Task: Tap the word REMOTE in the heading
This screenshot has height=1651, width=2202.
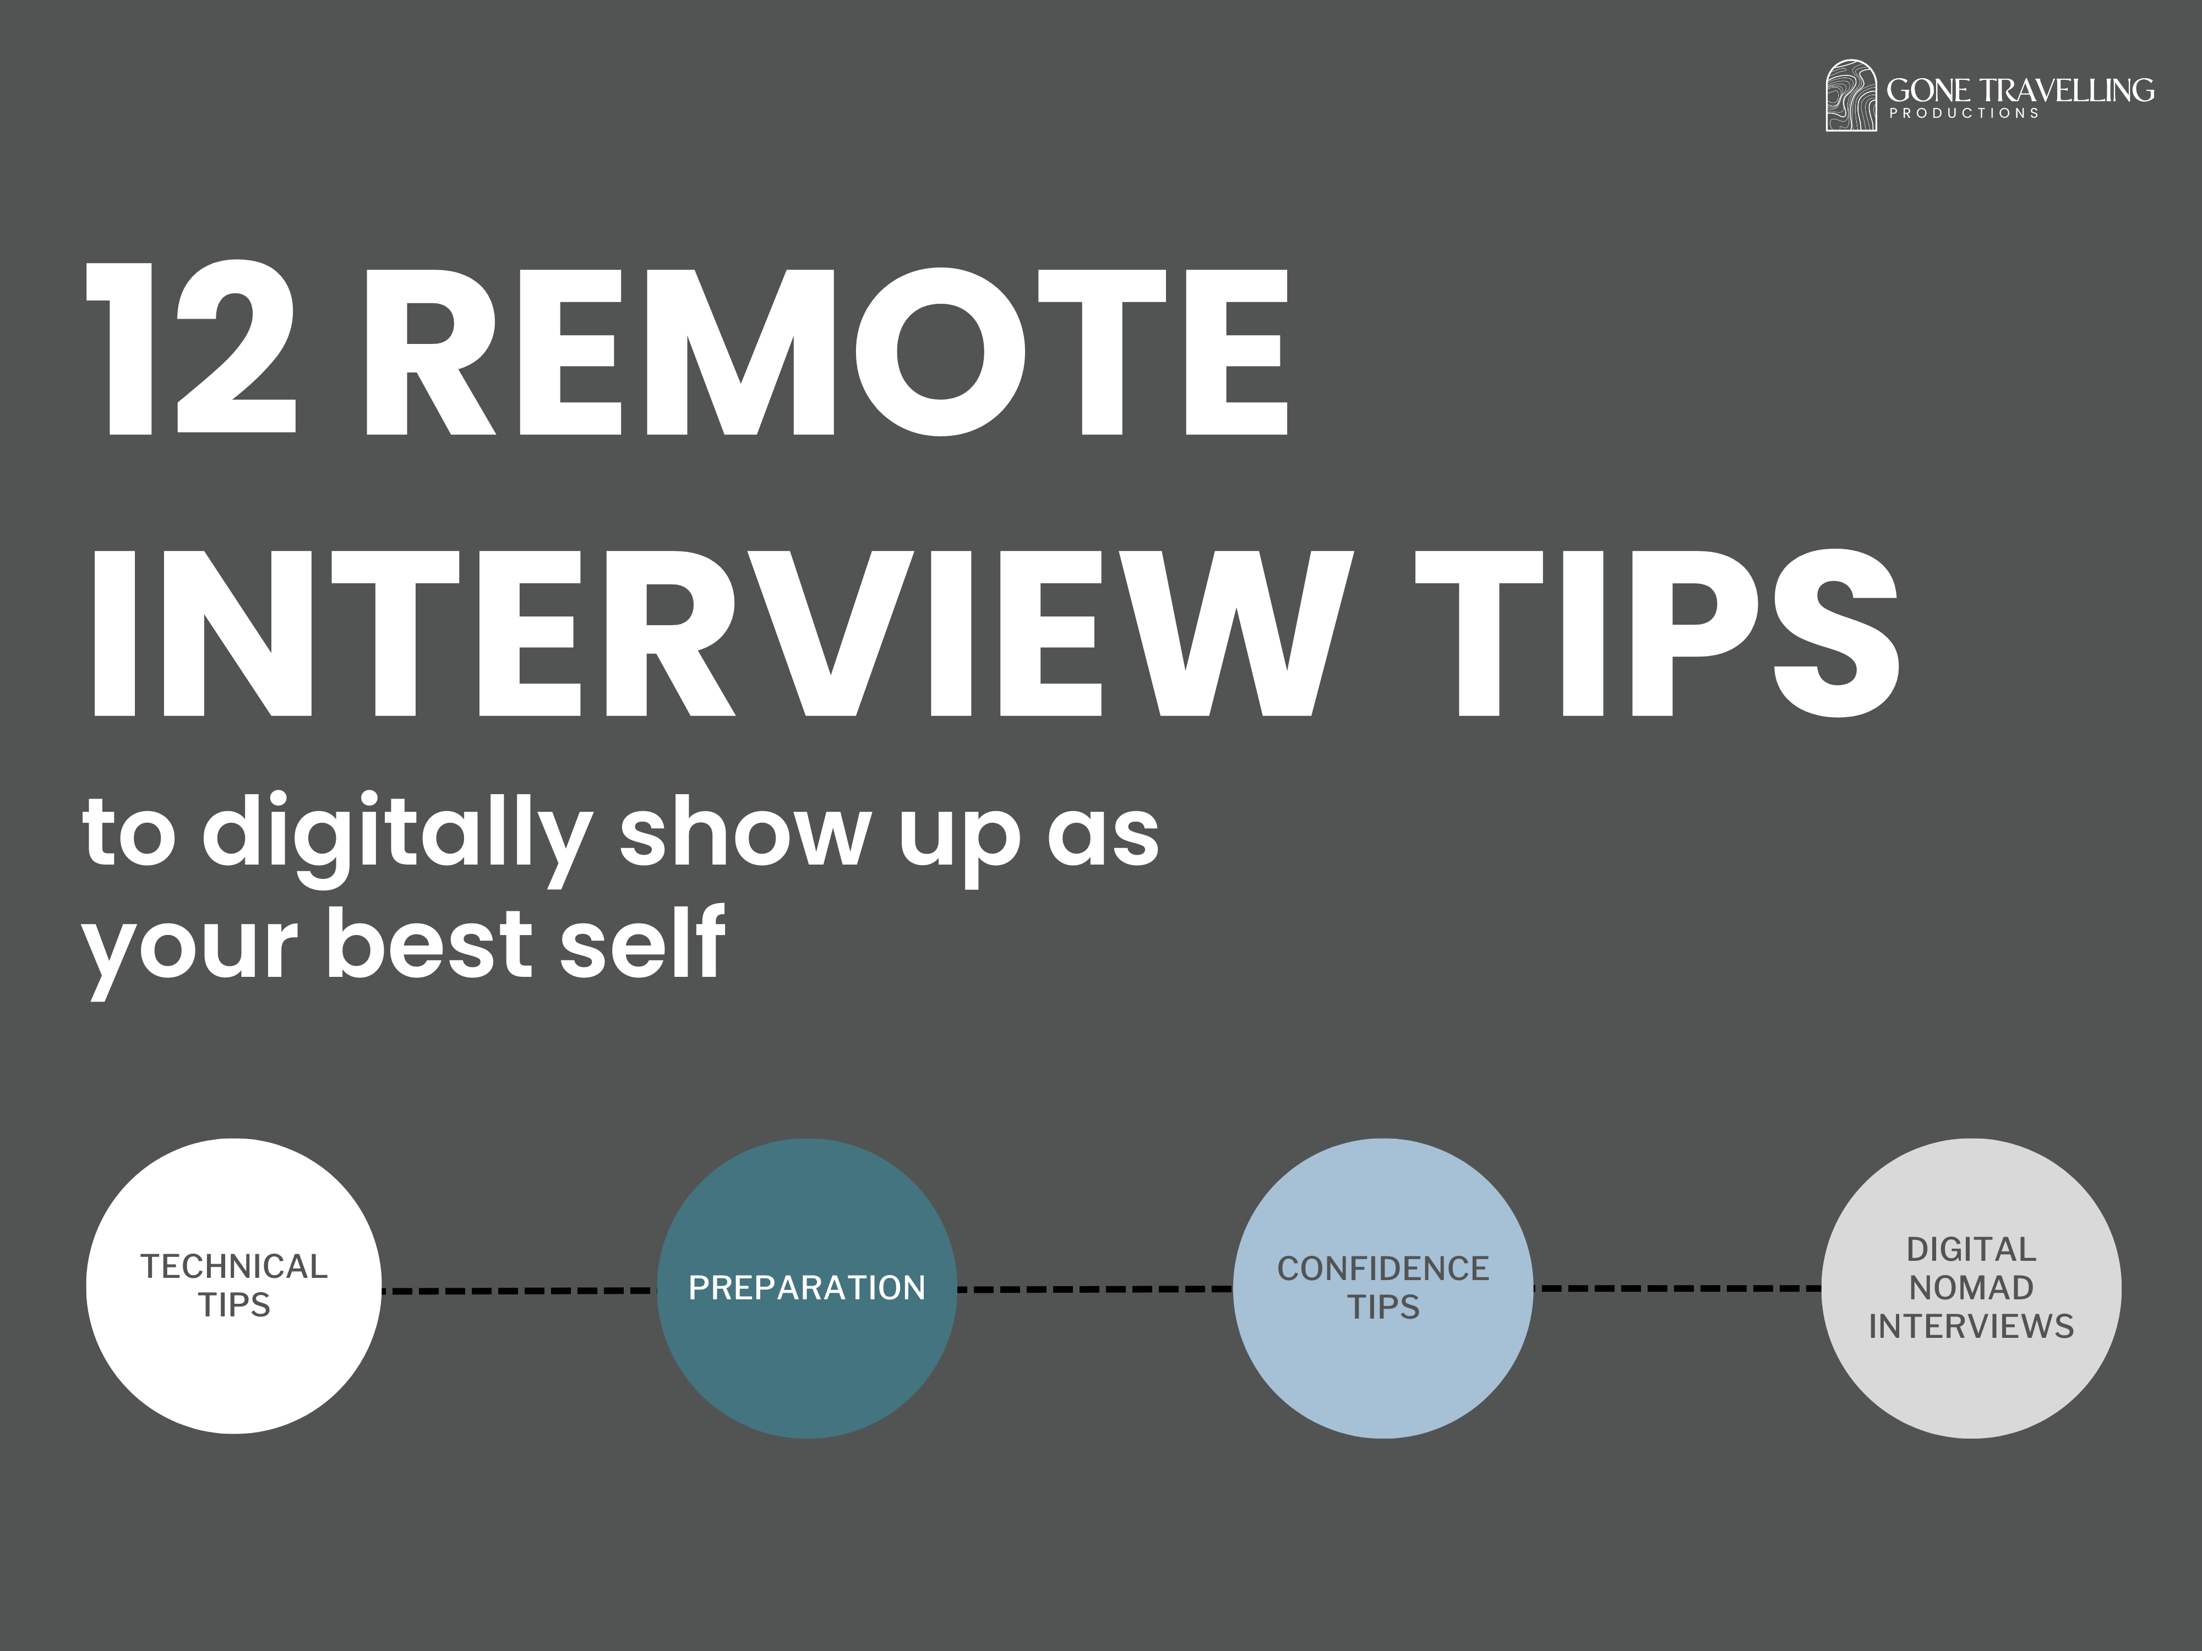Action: click(826, 351)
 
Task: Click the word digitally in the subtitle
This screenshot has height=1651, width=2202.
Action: click(398, 834)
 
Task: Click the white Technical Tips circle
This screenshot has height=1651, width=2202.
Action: click(234, 1373)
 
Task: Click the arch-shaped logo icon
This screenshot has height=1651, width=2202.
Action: click(1851, 96)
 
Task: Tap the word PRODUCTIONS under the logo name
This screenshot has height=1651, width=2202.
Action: click(1964, 113)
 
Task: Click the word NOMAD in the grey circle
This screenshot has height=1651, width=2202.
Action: click(1971, 1288)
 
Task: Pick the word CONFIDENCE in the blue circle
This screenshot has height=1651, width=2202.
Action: click(1383, 1269)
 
